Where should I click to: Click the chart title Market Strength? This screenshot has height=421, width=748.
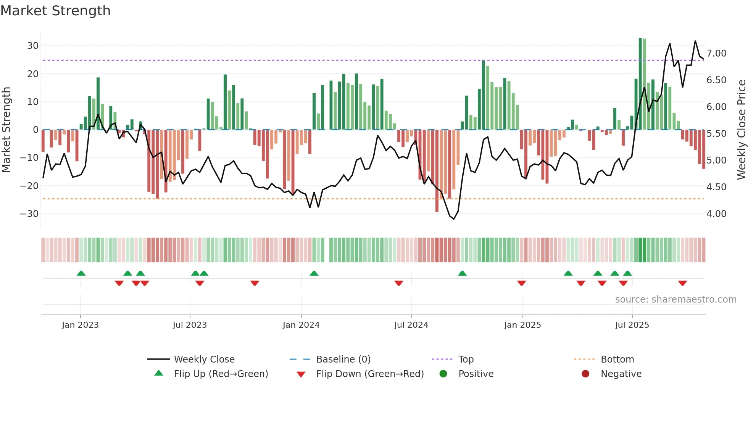tap(55, 11)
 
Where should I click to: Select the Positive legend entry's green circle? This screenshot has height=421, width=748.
tap(443, 374)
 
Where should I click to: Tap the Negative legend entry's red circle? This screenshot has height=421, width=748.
tap(585, 374)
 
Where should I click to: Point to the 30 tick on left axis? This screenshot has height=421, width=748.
tap(33, 46)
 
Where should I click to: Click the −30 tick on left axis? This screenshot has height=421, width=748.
tap(29, 214)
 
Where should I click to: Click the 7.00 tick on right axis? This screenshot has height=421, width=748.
tap(716, 53)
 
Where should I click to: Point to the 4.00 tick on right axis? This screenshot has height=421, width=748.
tap(716, 214)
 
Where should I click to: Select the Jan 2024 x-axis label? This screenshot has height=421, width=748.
tap(301, 325)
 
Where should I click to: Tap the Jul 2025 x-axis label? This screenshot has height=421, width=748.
tap(632, 325)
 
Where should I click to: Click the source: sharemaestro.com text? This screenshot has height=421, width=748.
tap(675, 299)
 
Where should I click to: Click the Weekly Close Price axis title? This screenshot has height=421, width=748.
tap(741, 130)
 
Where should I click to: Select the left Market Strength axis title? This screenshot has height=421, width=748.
tap(6, 130)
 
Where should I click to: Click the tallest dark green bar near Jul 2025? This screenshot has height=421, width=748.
tap(640, 84)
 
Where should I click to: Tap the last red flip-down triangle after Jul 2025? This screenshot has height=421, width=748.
tap(683, 283)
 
